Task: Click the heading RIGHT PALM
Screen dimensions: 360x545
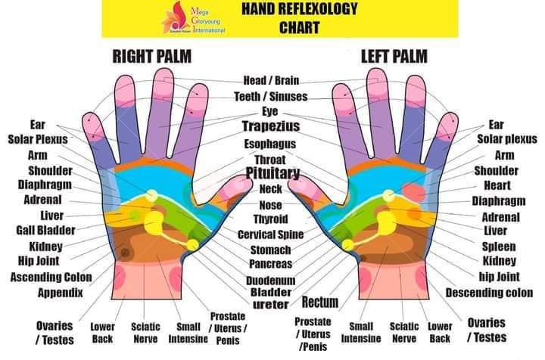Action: [x=151, y=56]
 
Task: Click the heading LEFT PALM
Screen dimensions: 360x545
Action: [x=394, y=56]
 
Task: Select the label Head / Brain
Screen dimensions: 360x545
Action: [x=271, y=80]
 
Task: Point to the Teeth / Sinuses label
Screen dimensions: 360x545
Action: [x=271, y=96]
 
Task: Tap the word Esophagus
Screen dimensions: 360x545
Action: [x=270, y=144]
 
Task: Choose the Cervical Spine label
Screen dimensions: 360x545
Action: [x=271, y=234]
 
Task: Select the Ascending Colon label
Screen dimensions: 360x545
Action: [x=51, y=277]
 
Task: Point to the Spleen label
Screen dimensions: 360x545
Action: [x=499, y=247]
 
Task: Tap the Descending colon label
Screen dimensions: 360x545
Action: [x=489, y=292]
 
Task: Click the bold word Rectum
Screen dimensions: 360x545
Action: [x=319, y=303]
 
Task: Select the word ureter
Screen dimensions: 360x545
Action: [x=270, y=304]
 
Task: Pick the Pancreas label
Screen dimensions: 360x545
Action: [x=271, y=264]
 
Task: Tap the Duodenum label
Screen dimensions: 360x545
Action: [x=270, y=279]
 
